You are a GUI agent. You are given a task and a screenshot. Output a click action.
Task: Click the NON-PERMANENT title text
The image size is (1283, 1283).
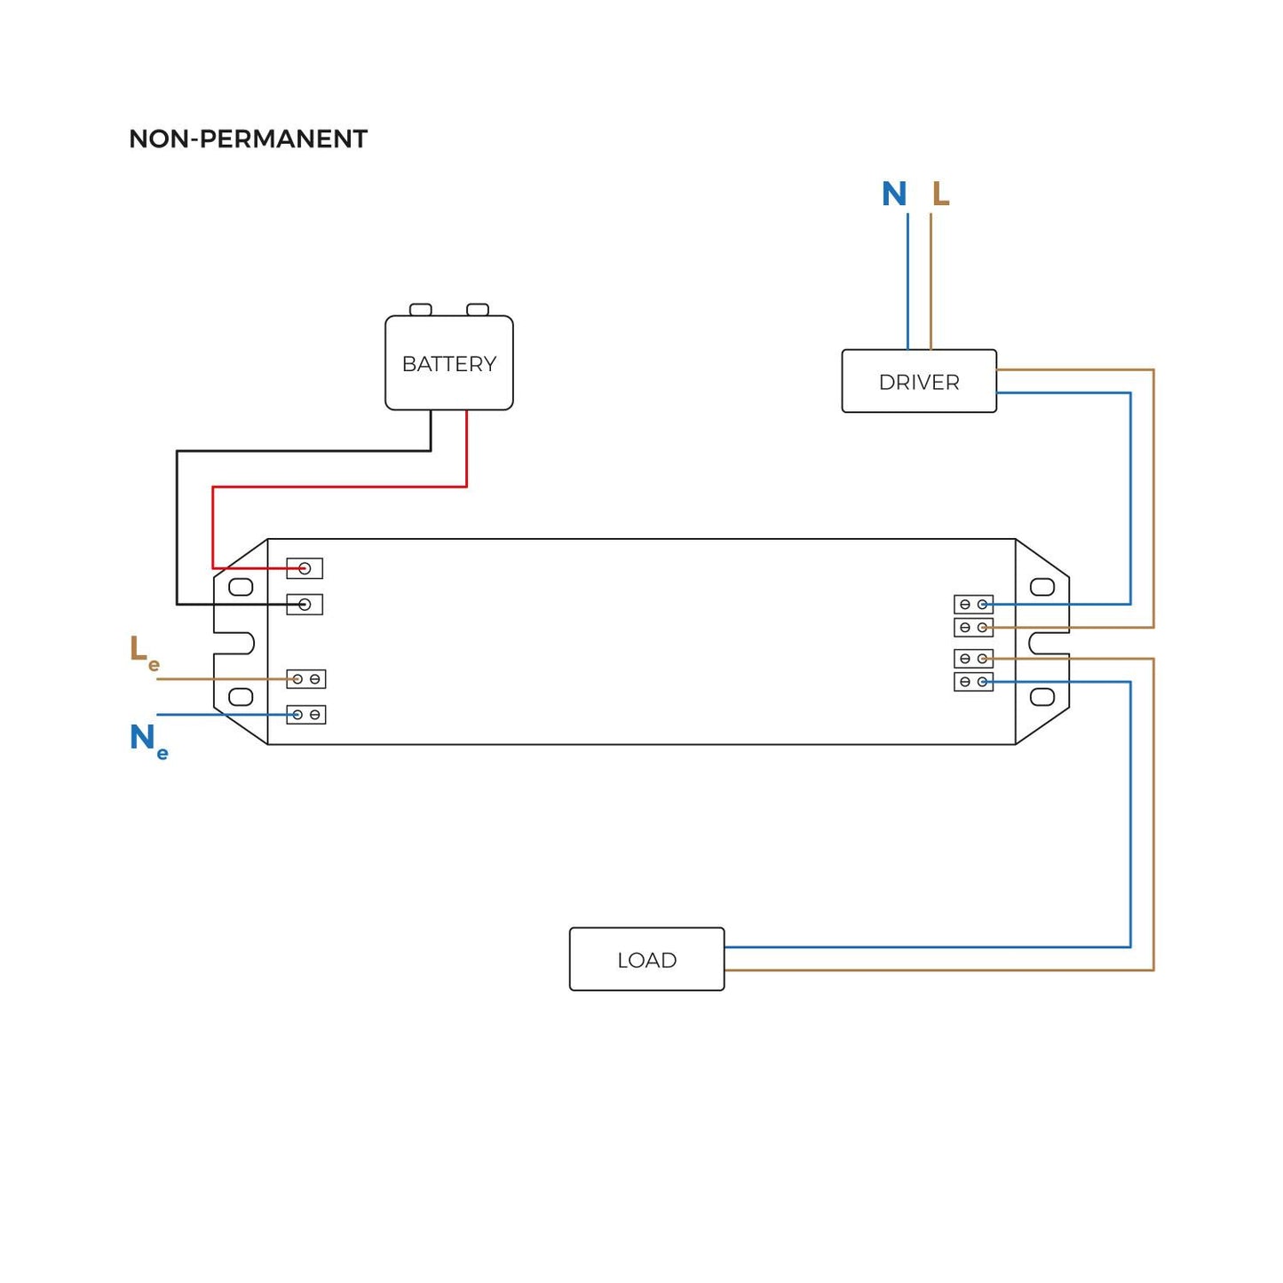(248, 139)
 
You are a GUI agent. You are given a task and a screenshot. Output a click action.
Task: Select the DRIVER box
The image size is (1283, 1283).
(919, 382)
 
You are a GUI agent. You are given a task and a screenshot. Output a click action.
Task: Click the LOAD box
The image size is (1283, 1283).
(646, 960)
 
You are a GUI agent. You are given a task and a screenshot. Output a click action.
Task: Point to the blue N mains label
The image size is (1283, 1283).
(894, 194)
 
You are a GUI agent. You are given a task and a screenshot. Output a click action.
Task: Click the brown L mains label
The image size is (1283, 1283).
(940, 194)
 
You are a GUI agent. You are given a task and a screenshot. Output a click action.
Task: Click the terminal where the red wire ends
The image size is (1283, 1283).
(305, 568)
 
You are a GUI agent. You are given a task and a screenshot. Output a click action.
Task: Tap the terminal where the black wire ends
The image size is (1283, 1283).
(305, 605)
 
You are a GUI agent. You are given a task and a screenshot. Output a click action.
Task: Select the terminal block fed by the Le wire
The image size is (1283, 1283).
(306, 679)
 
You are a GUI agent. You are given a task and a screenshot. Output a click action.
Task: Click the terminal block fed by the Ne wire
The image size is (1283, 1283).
(306, 715)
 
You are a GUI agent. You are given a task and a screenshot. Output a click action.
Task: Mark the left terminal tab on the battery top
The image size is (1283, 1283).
(421, 310)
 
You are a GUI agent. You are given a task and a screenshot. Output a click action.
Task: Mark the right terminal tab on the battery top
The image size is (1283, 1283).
(478, 310)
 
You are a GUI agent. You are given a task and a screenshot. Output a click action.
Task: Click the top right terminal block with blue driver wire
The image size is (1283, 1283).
(973, 605)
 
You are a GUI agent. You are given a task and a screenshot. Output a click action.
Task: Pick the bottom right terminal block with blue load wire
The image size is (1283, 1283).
(973, 682)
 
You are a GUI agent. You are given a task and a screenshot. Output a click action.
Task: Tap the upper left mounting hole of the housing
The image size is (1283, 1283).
(241, 587)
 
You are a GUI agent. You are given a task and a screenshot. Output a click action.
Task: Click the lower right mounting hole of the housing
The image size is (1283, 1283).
(1042, 697)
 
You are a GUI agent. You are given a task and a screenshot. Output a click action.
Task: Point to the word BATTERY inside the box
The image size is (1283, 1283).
(448, 364)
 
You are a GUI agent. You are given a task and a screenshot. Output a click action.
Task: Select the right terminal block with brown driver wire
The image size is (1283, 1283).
(973, 628)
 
